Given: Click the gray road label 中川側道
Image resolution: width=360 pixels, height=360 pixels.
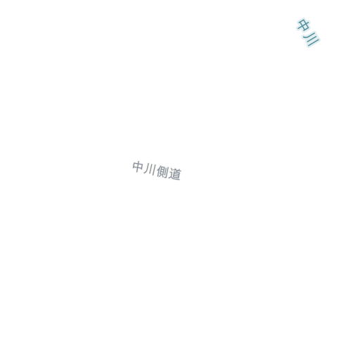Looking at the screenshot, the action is [157, 171].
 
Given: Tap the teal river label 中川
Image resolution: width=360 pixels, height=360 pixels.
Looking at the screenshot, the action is [308, 32].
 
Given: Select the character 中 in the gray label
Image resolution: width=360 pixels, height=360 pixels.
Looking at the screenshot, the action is [138, 167].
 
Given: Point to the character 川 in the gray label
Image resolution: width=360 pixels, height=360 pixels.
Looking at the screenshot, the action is [150, 169].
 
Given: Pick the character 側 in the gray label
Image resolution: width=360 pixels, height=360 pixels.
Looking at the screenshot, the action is [162, 172].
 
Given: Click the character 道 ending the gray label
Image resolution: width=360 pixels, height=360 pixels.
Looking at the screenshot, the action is [175, 174].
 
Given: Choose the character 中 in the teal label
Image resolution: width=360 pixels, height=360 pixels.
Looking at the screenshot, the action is [303, 25].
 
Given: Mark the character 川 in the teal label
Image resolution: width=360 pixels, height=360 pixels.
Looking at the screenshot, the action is [311, 39].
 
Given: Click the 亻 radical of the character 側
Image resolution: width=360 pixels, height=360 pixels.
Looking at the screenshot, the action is [158, 171].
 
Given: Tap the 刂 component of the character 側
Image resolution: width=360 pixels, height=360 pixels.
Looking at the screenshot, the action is [166, 172].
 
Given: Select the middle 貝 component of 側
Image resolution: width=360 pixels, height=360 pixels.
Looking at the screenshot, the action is [162, 172].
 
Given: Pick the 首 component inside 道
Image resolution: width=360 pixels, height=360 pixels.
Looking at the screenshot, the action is [176, 173].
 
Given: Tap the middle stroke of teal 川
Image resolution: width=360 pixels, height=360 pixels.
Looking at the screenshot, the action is [312, 39].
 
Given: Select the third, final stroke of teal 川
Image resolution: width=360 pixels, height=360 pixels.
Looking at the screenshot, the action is [314, 43].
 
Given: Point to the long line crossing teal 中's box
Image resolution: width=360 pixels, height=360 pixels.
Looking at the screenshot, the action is [304, 25].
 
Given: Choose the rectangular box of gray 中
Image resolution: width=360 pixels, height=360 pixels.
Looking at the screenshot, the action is [138, 166].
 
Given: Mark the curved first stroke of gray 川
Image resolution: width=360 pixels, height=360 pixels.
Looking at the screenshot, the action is [146, 169].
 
